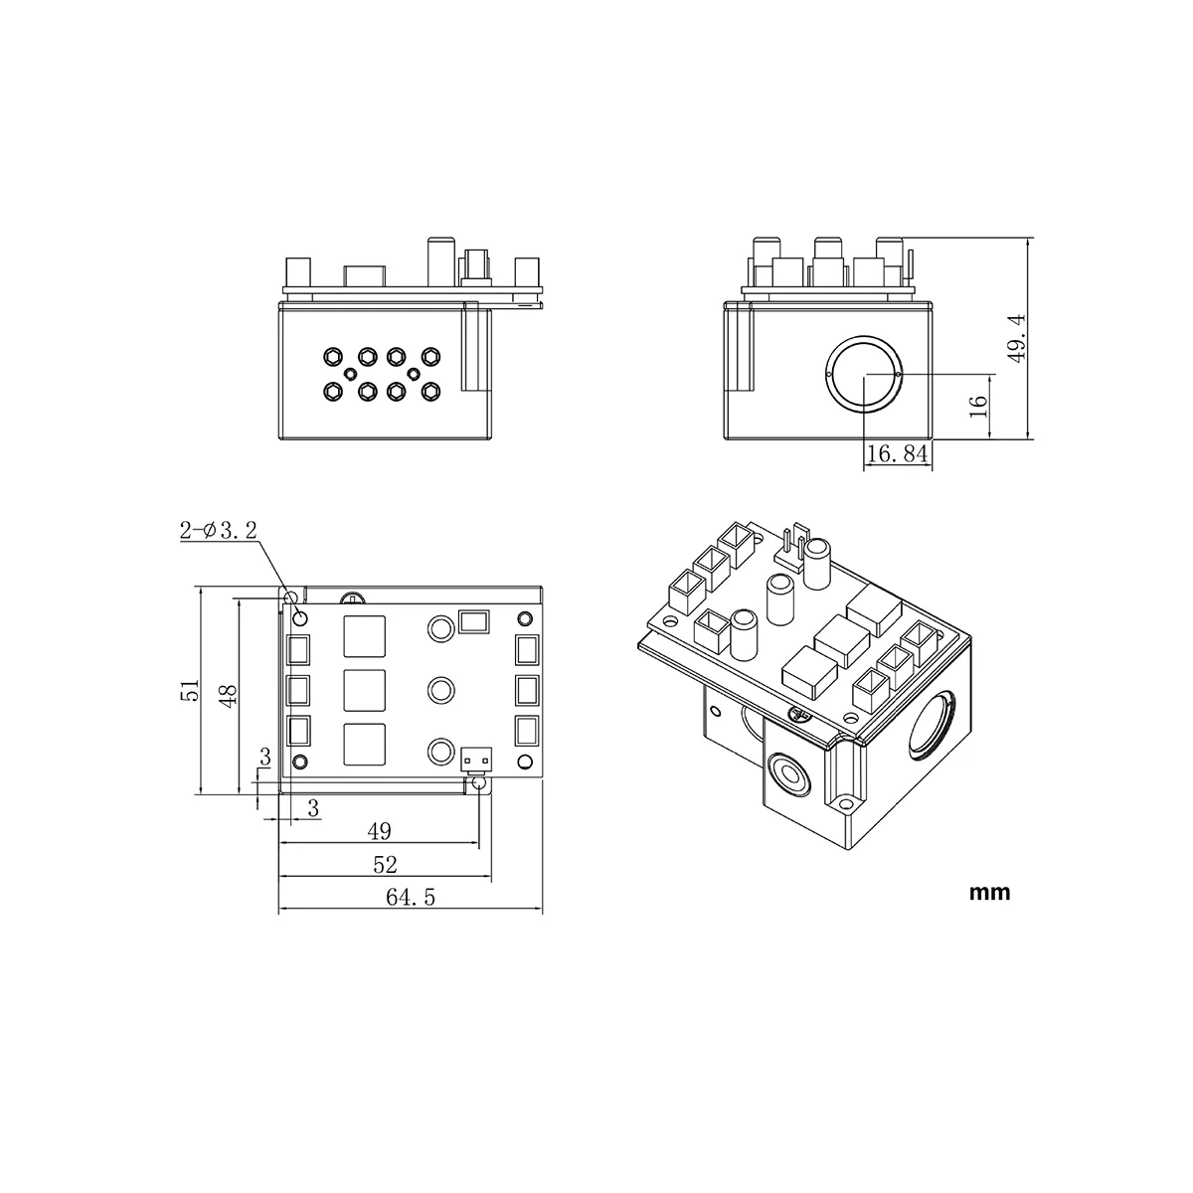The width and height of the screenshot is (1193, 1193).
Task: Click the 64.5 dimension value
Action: click(410, 898)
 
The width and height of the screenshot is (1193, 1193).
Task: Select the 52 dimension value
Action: click(385, 865)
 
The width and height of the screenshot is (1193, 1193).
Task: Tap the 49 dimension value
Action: click(379, 831)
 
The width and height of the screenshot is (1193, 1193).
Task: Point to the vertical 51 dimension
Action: click(190, 690)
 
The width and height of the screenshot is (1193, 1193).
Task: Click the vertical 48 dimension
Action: click(227, 693)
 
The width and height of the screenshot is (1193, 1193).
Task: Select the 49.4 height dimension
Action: click(1015, 338)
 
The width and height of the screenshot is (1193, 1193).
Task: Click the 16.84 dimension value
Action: click(898, 454)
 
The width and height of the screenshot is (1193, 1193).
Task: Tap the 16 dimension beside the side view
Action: click(978, 405)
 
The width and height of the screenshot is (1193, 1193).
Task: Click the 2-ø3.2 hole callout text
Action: click(218, 531)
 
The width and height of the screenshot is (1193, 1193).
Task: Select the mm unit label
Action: click(989, 892)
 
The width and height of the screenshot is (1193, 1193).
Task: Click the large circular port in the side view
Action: click(865, 374)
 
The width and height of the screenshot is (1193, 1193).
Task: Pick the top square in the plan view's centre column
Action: click(365, 636)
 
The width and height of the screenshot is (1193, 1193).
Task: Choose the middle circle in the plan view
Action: click(440, 689)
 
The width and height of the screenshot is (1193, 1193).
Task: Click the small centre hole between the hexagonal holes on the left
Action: click(350, 373)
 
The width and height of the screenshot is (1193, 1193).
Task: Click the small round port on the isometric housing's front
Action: click(791, 774)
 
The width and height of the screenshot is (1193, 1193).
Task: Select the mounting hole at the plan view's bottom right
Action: click(480, 783)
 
